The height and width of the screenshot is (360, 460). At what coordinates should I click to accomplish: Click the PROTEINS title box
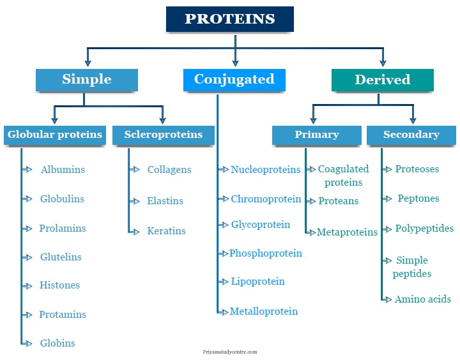coord(230,19)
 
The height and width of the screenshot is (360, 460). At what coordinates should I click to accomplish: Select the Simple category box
coord(87,80)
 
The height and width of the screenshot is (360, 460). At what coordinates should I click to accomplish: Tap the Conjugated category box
coord(234,80)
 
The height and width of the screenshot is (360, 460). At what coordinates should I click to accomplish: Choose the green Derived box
coord(382,80)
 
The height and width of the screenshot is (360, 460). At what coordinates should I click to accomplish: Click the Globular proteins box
coord(54,135)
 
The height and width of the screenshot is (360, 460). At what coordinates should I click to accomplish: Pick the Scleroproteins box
coord(163,135)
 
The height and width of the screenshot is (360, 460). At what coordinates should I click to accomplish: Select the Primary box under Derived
coord(316,135)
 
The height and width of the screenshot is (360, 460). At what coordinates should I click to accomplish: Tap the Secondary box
coord(411,135)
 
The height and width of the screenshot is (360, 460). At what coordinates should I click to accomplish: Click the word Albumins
coord(63,170)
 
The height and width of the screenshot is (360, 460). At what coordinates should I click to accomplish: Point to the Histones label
coord(59,285)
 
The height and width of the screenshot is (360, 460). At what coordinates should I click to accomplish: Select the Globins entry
coord(57,343)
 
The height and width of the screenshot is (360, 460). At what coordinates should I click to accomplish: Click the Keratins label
coord(166,231)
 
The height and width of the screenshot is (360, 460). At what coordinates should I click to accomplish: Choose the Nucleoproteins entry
coord(265,170)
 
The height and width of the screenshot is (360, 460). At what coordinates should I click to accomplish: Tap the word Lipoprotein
coord(257,281)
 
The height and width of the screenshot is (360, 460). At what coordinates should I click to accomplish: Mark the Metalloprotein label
coord(264,311)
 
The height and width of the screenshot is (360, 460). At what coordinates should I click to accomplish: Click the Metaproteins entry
coord(347,232)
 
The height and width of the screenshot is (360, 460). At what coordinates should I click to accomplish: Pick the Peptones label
coord(418,199)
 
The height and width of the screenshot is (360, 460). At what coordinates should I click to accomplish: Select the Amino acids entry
coord(422,299)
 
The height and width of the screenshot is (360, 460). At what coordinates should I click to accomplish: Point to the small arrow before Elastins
coord(134,200)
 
